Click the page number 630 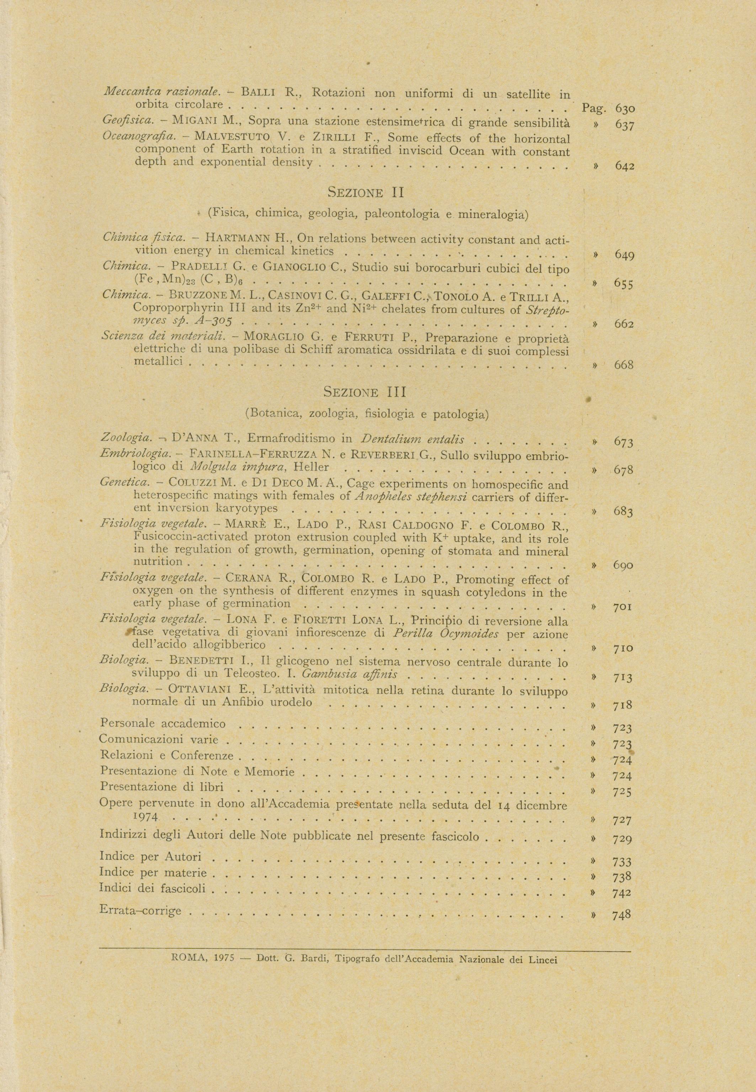pyautogui.click(x=625, y=109)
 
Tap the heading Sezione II pyautogui.click(x=365, y=193)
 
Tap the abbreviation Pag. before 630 pyautogui.click(x=594, y=108)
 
